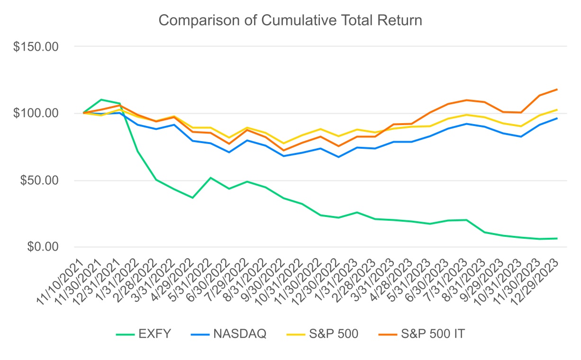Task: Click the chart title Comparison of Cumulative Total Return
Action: coord(290,21)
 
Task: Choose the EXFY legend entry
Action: coord(144,334)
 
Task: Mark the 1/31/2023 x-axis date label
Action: coord(338,279)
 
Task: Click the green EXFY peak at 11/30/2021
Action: coord(101,99)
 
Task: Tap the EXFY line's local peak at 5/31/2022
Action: coord(210,178)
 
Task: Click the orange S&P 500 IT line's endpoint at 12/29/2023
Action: coord(557,89)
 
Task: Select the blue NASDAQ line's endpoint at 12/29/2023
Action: coord(557,118)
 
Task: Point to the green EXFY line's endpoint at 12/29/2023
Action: coord(557,238)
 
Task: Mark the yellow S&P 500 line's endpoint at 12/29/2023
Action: coord(557,110)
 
